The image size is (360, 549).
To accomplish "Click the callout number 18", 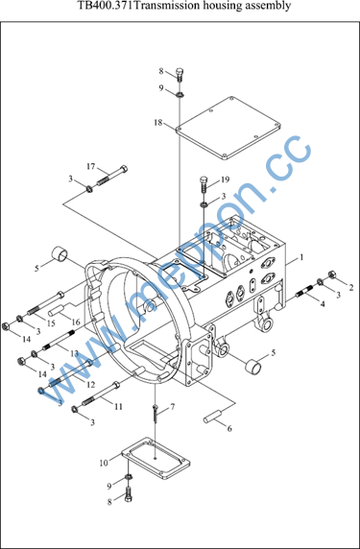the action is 158,123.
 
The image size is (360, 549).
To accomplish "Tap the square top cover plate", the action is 228,129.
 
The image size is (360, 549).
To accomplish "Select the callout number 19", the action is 225,180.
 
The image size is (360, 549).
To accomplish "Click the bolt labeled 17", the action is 111,175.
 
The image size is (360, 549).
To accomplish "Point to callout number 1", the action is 300,257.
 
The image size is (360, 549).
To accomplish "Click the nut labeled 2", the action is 332,274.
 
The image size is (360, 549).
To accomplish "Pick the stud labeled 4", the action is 305,291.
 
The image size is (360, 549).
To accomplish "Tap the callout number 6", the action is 229,429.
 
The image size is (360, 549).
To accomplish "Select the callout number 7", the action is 172,407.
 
